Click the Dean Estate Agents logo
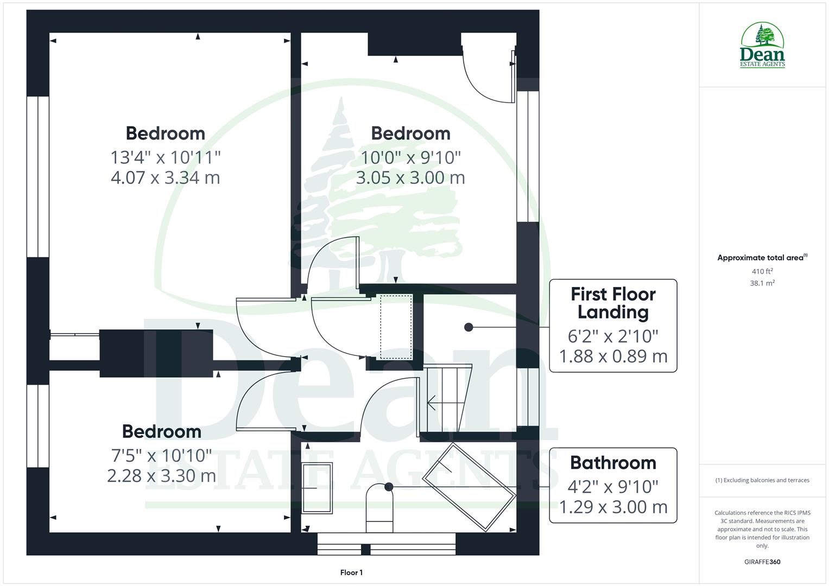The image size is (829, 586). point(762,46)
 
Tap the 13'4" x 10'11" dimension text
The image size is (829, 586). point(166,157)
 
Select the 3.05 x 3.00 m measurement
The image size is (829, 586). point(410,177)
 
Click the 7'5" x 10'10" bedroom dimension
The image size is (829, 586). point(161,455)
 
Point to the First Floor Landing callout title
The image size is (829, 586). point(613,303)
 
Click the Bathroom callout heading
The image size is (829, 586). point(613,463)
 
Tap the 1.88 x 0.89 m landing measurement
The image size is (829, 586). point(613,356)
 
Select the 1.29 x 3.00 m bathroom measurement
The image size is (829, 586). point(613,507)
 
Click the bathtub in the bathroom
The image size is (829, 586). point(469,487)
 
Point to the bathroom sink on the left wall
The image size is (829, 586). point(317,488)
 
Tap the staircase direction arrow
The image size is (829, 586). point(433,403)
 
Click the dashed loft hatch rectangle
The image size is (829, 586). point(396,327)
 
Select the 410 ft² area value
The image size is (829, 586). point(762,271)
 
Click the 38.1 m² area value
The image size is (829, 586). point(762,283)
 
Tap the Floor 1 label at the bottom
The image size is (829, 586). point(351,572)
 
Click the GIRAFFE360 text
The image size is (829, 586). point(762,562)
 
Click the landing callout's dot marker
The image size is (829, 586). point(469,327)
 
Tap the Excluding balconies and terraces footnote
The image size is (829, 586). point(762,480)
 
